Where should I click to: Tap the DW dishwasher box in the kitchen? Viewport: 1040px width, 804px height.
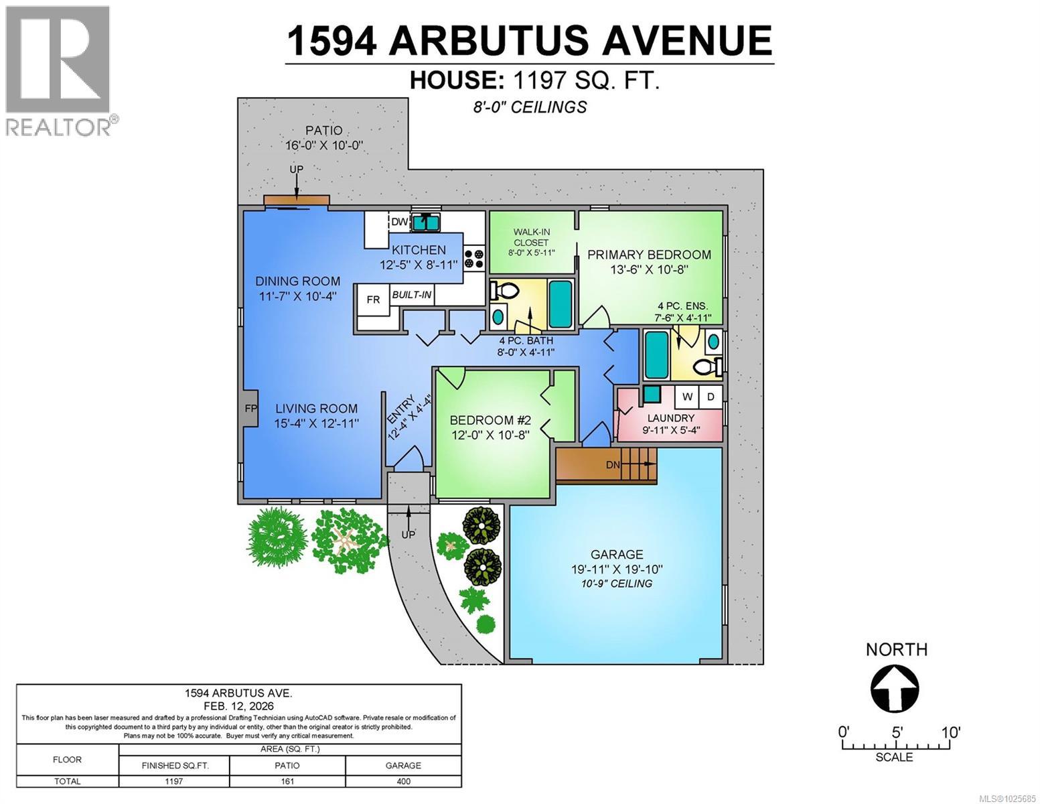click(x=399, y=222)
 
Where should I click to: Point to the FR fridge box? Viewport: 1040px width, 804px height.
click(x=373, y=299)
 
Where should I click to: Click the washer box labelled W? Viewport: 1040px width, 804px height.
click(x=687, y=397)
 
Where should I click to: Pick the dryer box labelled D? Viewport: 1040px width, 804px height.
click(x=711, y=397)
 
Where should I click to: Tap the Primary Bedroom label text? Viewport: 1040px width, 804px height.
click(x=649, y=255)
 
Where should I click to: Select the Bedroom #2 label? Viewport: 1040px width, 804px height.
click(x=490, y=421)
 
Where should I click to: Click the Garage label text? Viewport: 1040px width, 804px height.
click(x=617, y=555)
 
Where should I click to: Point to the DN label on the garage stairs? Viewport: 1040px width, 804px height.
click(x=613, y=465)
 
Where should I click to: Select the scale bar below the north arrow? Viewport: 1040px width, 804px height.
click(x=895, y=746)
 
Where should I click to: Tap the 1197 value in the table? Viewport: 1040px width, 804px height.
click(x=173, y=781)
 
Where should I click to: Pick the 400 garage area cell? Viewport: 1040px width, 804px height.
click(x=403, y=781)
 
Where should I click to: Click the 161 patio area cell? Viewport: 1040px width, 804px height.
click(x=287, y=781)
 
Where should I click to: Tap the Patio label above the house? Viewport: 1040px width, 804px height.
click(x=324, y=131)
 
